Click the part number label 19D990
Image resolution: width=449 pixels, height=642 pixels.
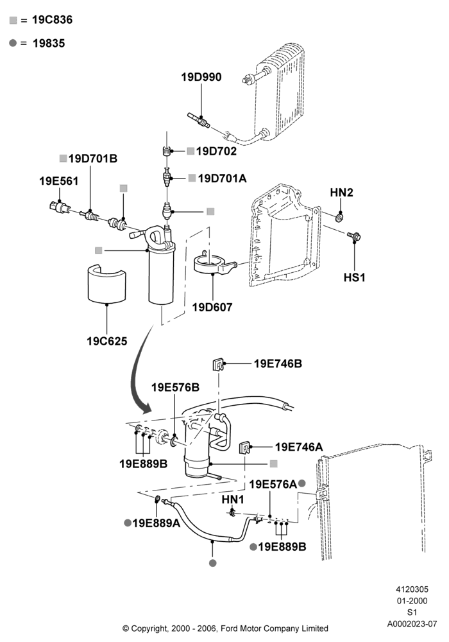point(201,77)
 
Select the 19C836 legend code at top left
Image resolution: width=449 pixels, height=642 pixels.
point(53,20)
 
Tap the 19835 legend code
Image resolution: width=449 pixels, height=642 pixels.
point(49,43)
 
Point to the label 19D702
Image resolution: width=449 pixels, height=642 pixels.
point(216,151)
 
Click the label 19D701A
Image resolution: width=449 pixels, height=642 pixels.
point(222,178)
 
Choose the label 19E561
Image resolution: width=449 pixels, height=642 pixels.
point(58,181)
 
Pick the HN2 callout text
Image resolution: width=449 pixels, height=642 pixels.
point(341,192)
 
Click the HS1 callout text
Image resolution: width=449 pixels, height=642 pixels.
point(354,277)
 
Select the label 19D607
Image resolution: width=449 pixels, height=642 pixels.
point(212,307)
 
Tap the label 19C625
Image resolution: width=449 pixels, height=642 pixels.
point(106,341)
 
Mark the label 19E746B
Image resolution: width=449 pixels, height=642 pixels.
point(278,363)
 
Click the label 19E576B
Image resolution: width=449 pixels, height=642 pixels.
point(175,387)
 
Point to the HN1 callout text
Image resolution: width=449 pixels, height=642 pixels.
point(233,499)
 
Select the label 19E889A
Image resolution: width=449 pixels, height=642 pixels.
point(157,523)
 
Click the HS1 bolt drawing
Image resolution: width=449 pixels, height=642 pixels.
point(353,236)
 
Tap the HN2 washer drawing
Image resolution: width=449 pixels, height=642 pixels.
point(340,216)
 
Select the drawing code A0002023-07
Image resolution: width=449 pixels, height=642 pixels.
point(412,624)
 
